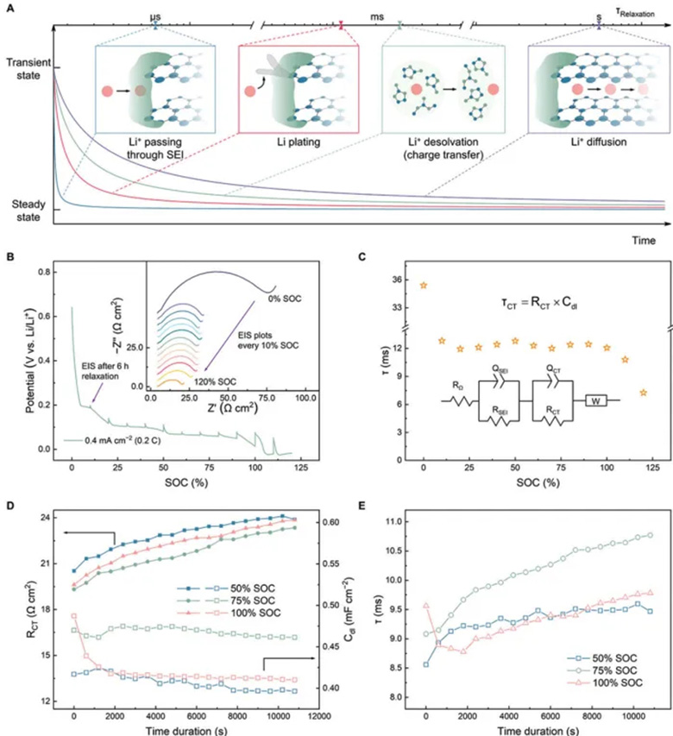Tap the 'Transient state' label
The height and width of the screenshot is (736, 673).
[x=28, y=68]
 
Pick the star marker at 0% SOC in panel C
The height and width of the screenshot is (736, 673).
[x=423, y=285]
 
